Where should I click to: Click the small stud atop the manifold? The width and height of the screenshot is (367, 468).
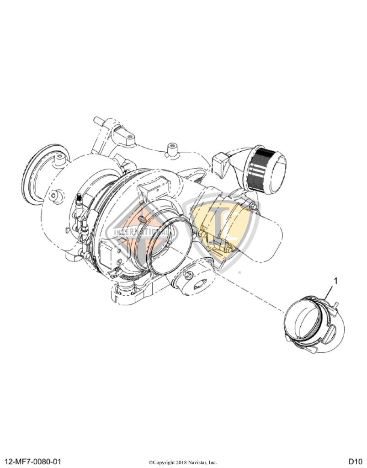coord(172,149)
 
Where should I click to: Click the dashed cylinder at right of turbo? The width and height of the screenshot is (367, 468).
coord(270,238)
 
